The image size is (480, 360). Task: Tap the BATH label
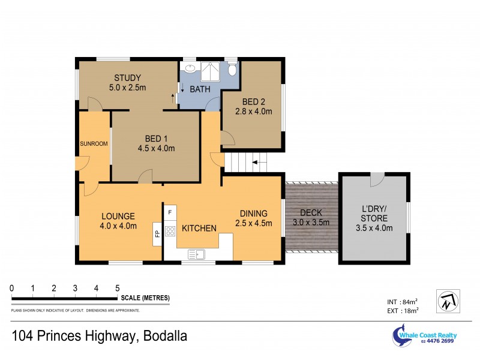(200, 89)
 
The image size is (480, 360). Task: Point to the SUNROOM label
(94, 144)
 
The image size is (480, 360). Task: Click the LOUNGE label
(118, 216)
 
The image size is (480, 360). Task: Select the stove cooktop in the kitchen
(170, 230)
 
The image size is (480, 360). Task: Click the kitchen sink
(196, 254)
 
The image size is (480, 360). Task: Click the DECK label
(311, 212)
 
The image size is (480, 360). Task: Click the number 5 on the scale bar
(118, 289)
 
